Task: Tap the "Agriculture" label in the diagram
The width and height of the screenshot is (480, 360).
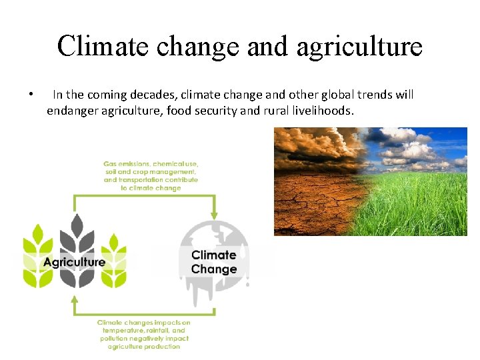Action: point(74,261)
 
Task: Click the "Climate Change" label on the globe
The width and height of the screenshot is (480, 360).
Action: point(214,262)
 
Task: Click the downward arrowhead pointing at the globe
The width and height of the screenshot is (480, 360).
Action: point(213,215)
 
